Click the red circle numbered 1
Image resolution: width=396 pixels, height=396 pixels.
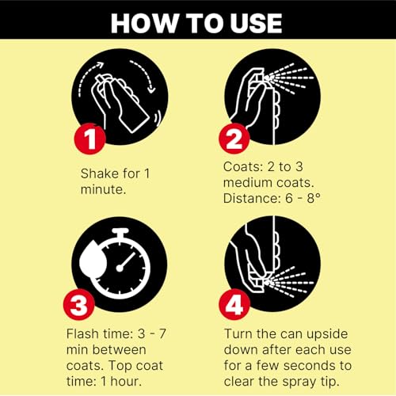(x=90, y=139)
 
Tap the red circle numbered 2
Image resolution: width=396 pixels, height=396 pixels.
(x=234, y=139)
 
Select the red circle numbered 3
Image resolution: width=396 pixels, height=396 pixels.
(x=79, y=305)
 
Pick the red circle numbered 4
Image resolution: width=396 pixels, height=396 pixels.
(x=234, y=304)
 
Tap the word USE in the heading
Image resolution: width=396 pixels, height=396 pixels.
(x=256, y=23)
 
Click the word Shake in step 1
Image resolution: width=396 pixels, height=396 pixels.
(x=96, y=173)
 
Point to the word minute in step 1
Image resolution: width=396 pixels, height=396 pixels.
(x=101, y=189)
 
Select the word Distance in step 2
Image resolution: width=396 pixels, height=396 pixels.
(x=251, y=198)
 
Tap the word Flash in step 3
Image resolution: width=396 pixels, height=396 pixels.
(x=82, y=333)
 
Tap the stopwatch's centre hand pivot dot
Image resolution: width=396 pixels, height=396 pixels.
(x=120, y=268)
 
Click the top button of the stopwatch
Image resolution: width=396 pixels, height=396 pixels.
(x=120, y=232)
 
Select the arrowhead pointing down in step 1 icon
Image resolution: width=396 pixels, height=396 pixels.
(x=151, y=89)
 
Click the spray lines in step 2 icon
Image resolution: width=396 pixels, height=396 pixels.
(x=289, y=78)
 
